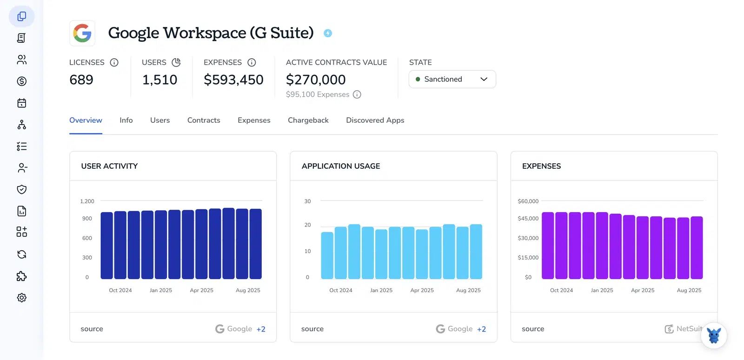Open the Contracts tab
click(204, 120)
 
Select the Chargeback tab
click(308, 120)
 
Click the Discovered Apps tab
click(375, 120)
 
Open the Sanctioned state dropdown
click(452, 79)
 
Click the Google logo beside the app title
click(82, 33)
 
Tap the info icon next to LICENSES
click(114, 62)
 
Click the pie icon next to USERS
click(176, 62)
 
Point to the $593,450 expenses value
click(233, 80)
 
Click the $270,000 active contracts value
click(316, 80)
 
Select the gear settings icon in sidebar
click(21, 298)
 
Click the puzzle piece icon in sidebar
click(21, 276)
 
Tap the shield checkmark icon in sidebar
click(21, 189)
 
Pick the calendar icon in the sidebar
click(21, 103)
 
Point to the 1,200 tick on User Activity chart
click(87, 201)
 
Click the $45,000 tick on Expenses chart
click(528, 219)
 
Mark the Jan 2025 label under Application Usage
click(381, 290)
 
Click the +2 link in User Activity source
click(261, 329)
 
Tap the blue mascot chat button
click(714, 335)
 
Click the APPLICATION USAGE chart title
click(341, 166)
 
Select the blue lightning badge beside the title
click(328, 33)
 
